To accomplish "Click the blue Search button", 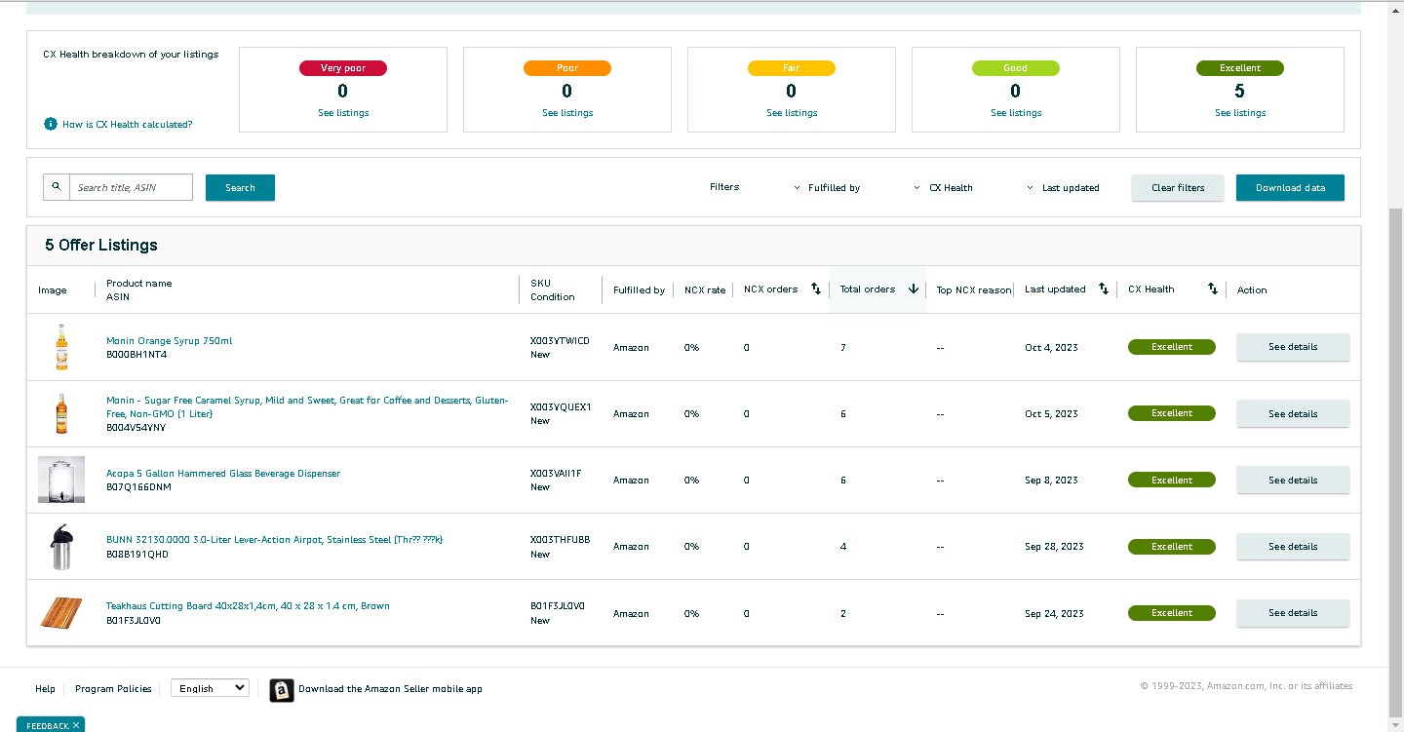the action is (240, 187).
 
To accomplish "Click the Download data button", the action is (1290, 187).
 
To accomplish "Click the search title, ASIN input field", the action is (131, 187).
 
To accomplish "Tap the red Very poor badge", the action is (343, 67).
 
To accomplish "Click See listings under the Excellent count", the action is (1240, 113).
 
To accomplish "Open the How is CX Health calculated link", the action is (127, 124).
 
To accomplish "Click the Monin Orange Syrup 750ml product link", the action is (170, 340).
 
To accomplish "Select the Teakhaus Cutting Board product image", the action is (61, 612).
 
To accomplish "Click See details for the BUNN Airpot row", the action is (1293, 547).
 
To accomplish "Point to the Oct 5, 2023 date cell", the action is (1051, 413).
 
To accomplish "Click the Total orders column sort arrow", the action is (914, 289).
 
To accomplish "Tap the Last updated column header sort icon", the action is (1103, 289).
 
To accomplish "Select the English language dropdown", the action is (210, 688).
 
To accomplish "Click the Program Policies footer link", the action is (113, 689).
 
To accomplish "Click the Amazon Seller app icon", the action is (282, 690).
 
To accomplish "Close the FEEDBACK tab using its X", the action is (76, 725).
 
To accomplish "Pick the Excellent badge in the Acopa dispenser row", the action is (1172, 481).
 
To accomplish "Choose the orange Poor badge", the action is (567, 67).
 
